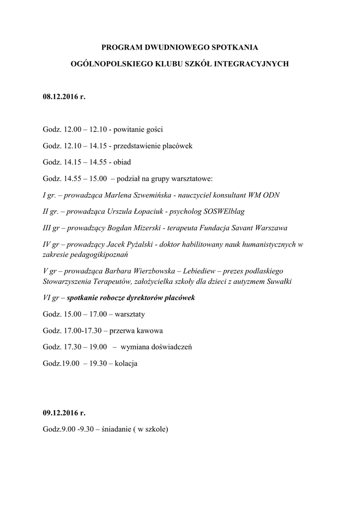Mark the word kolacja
tap(126, 364)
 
